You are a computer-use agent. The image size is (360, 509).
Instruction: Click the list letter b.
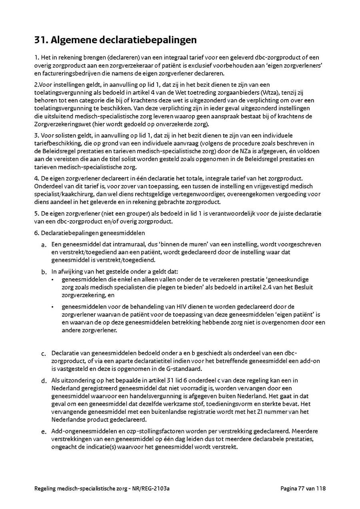pos(44,272)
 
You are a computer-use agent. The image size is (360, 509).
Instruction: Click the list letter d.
pos(44,381)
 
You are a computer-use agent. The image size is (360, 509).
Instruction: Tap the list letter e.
pos(44,432)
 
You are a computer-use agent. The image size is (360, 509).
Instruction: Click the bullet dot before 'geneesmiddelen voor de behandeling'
pos(53,307)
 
